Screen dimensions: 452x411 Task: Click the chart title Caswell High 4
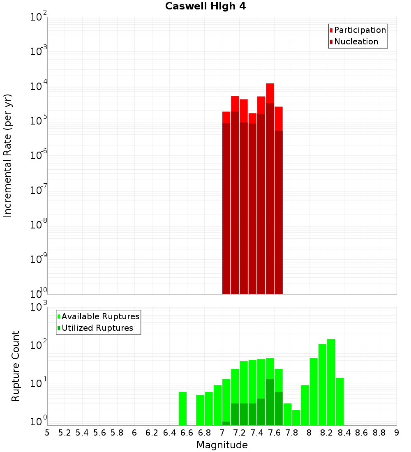[205, 7]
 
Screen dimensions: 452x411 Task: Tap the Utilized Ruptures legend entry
[97, 328]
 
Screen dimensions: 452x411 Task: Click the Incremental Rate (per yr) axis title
[8, 155]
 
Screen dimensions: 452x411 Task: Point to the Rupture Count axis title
[16, 366]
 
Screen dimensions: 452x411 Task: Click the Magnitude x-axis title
[222, 445]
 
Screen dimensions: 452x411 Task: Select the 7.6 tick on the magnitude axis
[274, 433]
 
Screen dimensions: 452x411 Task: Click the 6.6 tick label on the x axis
[187, 433]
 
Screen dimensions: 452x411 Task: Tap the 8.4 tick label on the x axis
[344, 433]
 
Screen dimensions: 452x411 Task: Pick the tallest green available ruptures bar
[331, 382]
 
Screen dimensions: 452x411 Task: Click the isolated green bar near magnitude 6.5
[183, 408]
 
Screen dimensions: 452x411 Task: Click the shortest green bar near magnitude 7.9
[296, 417]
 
